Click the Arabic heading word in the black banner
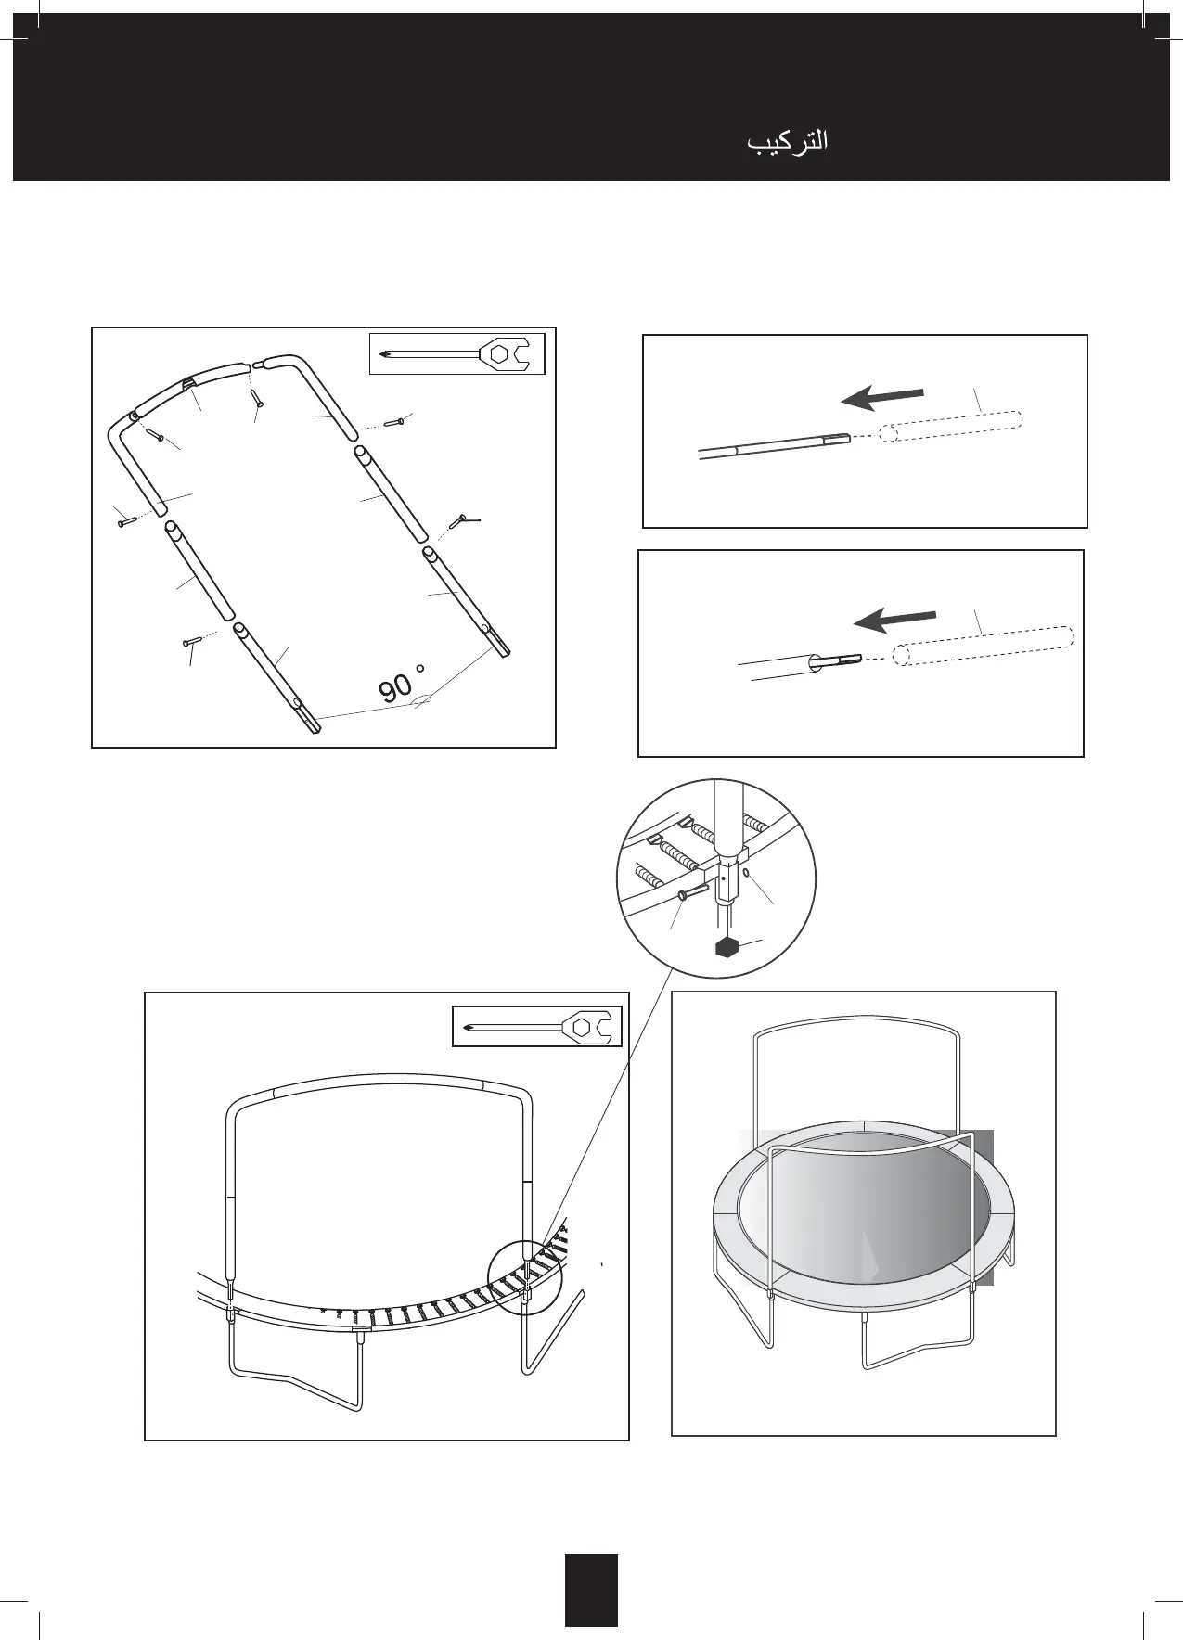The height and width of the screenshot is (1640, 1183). pos(788,142)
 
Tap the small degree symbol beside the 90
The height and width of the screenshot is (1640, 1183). pos(420,668)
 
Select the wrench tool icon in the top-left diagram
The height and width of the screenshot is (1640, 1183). pos(456,353)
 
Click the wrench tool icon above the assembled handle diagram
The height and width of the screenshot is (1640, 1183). pos(537,1027)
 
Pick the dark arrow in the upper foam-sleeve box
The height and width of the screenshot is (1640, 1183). pos(881,398)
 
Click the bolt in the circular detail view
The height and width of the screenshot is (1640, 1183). pos(691,894)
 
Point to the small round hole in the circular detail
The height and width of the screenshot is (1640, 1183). pos(746,871)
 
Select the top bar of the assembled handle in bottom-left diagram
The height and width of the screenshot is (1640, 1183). pos(380,1084)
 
